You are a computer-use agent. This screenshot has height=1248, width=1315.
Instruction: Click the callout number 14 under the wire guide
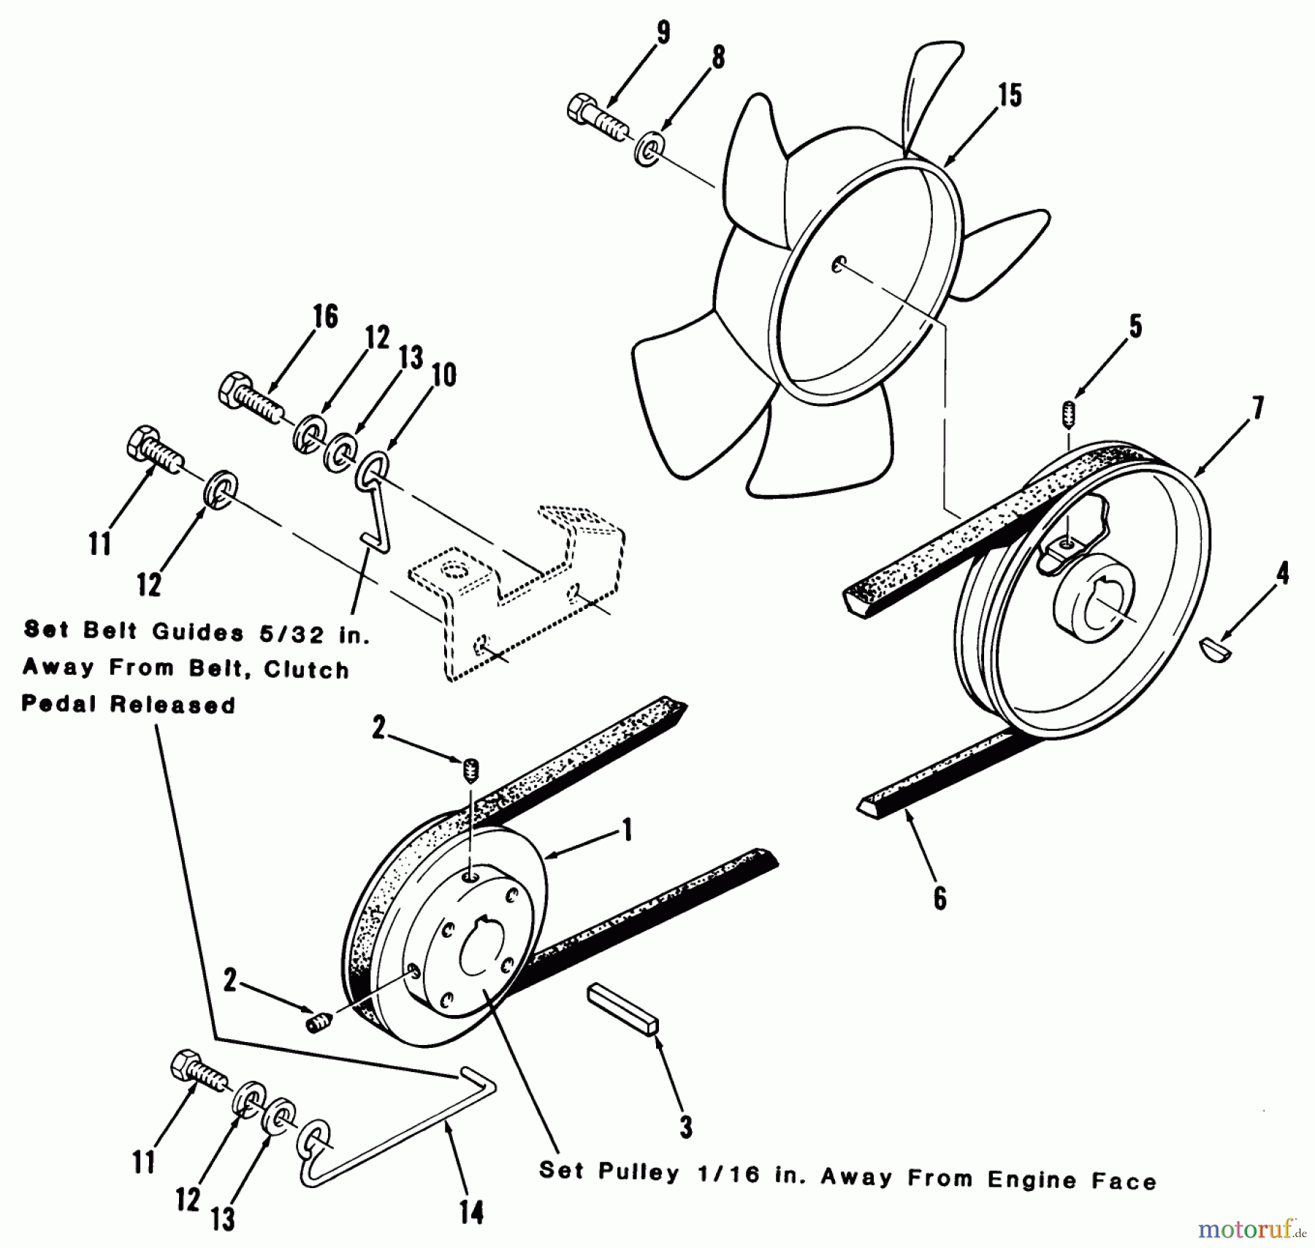click(471, 1212)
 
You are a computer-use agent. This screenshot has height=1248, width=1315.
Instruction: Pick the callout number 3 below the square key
click(685, 1127)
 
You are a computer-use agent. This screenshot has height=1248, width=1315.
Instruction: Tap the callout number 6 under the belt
click(939, 897)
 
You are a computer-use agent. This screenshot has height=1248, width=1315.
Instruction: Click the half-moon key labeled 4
click(1216, 648)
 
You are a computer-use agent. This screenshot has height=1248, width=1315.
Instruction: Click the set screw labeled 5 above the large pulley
click(1068, 415)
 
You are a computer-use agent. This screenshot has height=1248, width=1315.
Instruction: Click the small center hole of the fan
click(839, 264)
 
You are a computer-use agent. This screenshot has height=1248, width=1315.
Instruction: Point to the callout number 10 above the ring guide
click(443, 375)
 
